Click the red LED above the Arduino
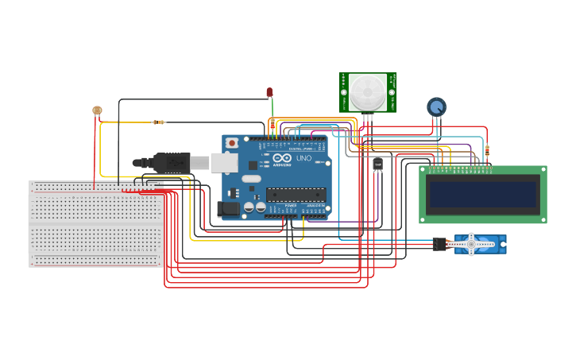(x=270, y=92)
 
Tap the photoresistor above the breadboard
(x=97, y=110)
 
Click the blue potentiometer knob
(x=436, y=106)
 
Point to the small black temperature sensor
(x=377, y=164)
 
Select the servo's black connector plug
(x=439, y=244)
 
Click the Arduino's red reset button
(x=232, y=142)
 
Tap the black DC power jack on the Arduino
(x=227, y=209)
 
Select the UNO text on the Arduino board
(x=303, y=158)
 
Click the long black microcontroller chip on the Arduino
(x=296, y=194)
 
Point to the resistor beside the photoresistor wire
(x=158, y=122)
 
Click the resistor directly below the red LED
(x=273, y=124)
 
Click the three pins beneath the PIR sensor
(x=368, y=118)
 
